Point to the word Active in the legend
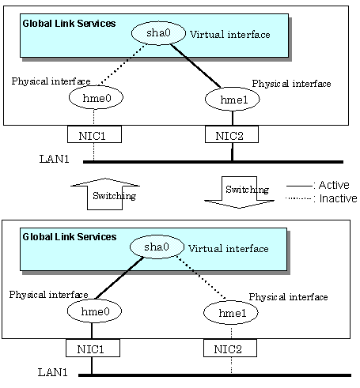tap(334, 185)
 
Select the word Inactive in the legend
tap(338, 198)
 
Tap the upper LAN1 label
tap(54, 159)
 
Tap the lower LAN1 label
tap(52, 372)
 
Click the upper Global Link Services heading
tap(69, 24)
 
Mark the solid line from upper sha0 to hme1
tap(195, 66)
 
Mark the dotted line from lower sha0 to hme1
tap(201, 277)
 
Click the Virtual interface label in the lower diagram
tap(229, 249)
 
